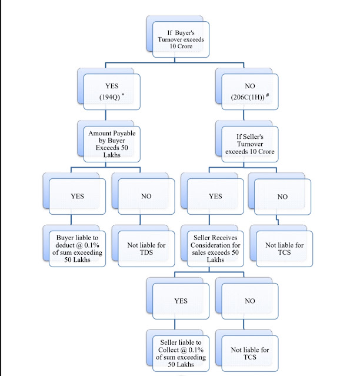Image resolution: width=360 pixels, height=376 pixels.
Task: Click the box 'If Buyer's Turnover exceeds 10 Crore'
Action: [x=181, y=39]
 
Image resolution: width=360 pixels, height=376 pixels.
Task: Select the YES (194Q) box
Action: [x=112, y=92]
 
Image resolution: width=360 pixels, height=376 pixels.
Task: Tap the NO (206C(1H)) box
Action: [x=250, y=92]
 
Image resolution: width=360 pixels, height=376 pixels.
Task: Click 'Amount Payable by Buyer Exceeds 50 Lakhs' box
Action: [x=112, y=144]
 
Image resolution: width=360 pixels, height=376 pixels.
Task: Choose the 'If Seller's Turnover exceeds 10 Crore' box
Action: [x=250, y=144]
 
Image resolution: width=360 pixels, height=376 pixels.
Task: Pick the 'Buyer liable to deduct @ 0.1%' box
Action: [x=77, y=249]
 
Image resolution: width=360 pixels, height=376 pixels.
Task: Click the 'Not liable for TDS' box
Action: [x=146, y=249]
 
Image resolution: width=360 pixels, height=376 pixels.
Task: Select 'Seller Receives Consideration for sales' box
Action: [x=215, y=249]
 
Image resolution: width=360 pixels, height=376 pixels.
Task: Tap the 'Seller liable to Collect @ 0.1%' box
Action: [x=181, y=354]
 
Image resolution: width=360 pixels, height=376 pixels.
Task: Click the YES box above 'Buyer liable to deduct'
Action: [x=77, y=197]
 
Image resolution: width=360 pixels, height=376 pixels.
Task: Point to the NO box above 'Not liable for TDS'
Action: [x=146, y=197]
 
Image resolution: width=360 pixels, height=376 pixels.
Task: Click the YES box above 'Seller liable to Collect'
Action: [x=181, y=301]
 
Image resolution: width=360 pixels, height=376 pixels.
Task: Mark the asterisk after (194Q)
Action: [x=123, y=94]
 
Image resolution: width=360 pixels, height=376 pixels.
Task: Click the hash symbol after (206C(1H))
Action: [x=268, y=95]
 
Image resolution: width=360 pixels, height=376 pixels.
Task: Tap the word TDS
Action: [x=146, y=252]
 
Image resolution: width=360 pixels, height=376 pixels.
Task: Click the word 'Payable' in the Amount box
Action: [x=124, y=134]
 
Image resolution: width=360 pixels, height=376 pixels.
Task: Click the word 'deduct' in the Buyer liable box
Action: [x=65, y=245]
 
